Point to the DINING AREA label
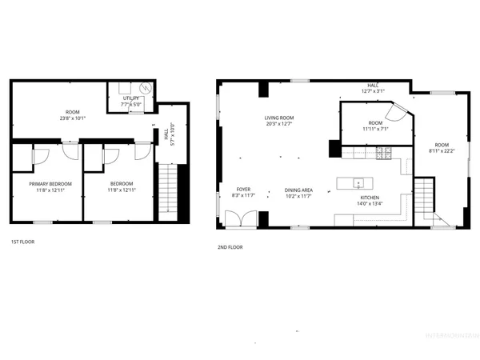[298, 190]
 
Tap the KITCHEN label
[369, 197]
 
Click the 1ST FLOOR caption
[22, 242]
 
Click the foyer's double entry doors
[238, 220]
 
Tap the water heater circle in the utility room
[145, 89]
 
